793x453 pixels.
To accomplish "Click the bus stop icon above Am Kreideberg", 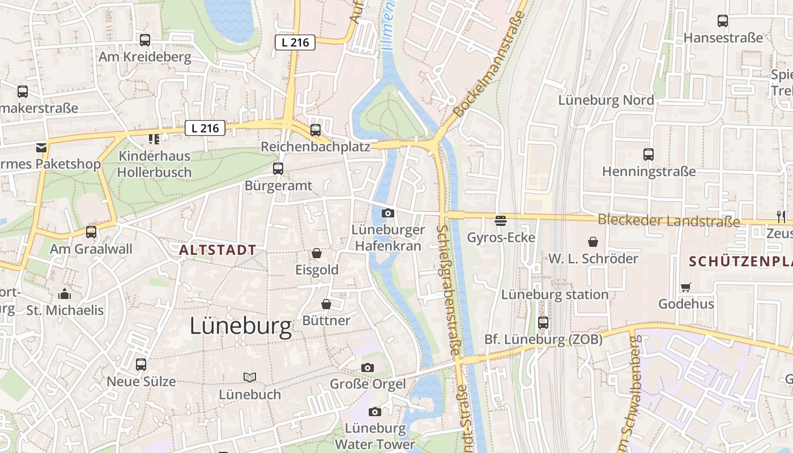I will tap(145, 40).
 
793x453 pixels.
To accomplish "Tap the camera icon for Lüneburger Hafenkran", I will tap(388, 213).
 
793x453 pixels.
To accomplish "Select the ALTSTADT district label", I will tap(218, 250).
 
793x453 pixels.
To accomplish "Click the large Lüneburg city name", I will tap(241, 326).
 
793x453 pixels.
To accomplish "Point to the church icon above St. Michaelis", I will tap(65, 294).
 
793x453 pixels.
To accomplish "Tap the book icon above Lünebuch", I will tap(250, 377).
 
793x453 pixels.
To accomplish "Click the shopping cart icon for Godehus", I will tap(686, 287).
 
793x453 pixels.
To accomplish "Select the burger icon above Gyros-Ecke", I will tap(501, 220).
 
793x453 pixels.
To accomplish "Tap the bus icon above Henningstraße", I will tap(649, 154).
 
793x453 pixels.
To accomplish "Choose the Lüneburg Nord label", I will tap(606, 100).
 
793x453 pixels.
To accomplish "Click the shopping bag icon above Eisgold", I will tap(317, 253).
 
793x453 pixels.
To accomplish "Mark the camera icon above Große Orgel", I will tap(368, 367).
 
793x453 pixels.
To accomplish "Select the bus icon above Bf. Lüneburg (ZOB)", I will tap(543, 323).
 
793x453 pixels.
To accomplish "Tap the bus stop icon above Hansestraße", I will tap(723, 21).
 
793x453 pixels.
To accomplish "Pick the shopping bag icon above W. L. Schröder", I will tap(593, 242).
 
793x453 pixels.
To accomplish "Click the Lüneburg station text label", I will tap(555, 294).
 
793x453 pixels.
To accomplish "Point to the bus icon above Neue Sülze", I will tap(141, 365).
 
